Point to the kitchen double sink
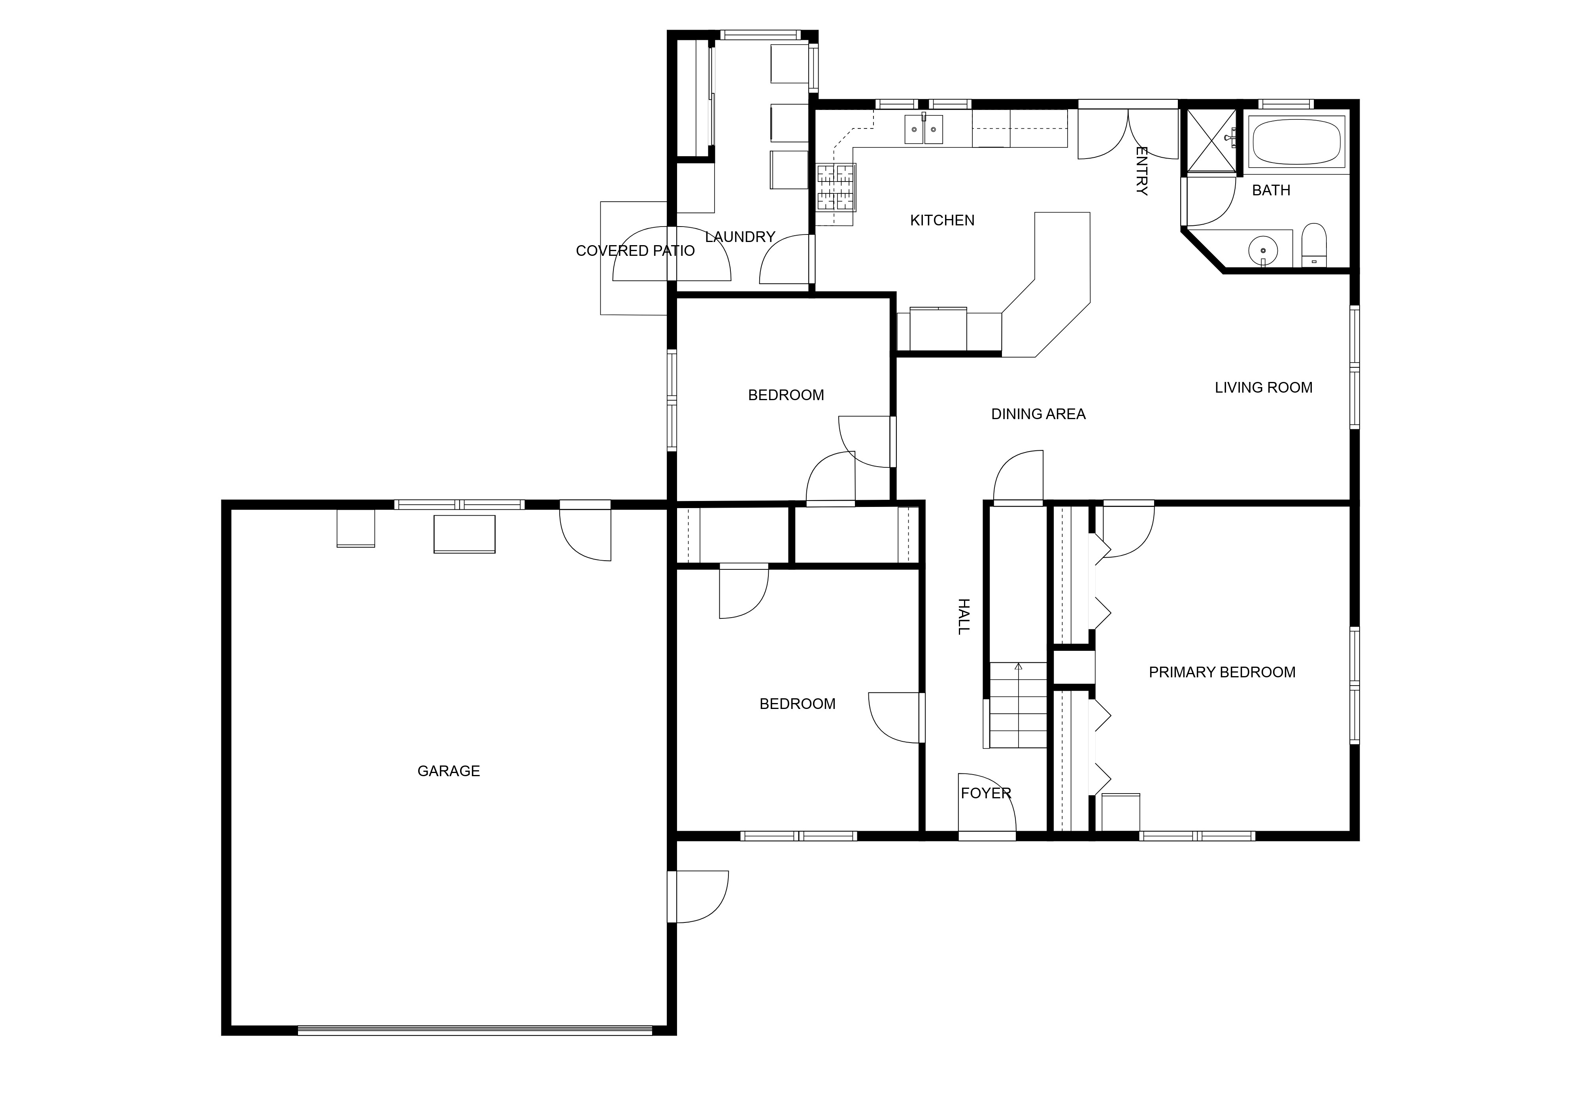click(923, 129)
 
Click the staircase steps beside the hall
click(1018, 706)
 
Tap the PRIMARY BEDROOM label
click(1222, 672)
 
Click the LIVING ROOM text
click(1264, 388)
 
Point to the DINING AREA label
click(1038, 414)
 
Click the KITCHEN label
click(942, 220)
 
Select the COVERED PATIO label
click(635, 251)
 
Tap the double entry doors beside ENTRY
click(1128, 134)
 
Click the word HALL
click(964, 616)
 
